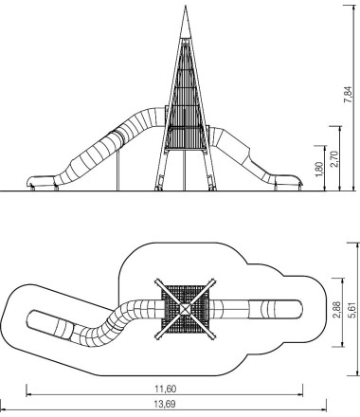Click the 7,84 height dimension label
(x=351, y=96)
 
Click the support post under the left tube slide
(x=118, y=174)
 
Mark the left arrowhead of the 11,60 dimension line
(x=27, y=389)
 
